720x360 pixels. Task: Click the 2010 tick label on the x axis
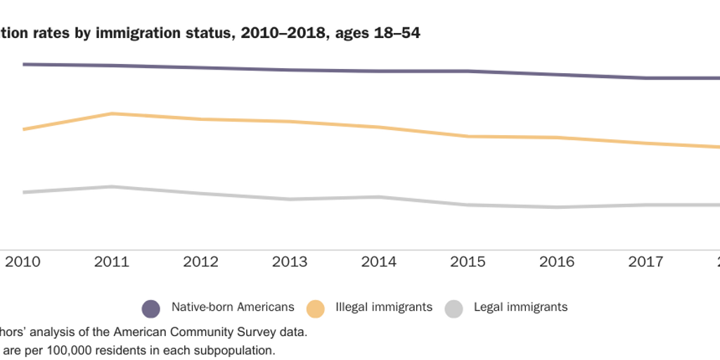(22, 262)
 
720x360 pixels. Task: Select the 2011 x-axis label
(111, 262)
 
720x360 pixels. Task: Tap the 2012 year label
(200, 262)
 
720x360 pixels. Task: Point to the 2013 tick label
(290, 262)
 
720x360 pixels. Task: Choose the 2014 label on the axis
(378, 262)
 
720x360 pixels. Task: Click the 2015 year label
(468, 262)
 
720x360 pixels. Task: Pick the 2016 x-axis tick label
(556, 262)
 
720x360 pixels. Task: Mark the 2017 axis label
(645, 262)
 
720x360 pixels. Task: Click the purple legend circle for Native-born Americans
(151, 308)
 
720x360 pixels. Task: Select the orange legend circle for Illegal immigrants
(316, 308)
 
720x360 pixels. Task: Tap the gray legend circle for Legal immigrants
(454, 308)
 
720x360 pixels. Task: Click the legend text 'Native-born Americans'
(233, 307)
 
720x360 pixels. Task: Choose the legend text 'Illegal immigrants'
(384, 307)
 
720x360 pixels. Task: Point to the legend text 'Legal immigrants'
(520, 307)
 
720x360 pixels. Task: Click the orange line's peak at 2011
(112, 113)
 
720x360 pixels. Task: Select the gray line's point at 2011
(111, 187)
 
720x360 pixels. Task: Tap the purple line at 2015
(468, 71)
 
